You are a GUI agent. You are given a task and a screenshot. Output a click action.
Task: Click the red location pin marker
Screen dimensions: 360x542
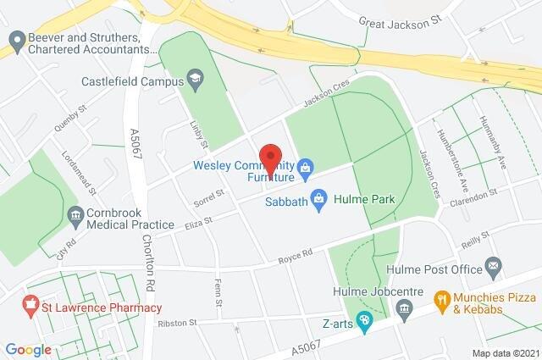point(270,158)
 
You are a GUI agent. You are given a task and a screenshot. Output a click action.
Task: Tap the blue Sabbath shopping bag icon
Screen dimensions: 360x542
point(318,200)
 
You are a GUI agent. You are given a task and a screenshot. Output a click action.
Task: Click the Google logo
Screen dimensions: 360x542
point(28,349)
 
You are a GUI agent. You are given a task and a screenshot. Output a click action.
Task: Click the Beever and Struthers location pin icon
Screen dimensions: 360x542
point(14,40)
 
